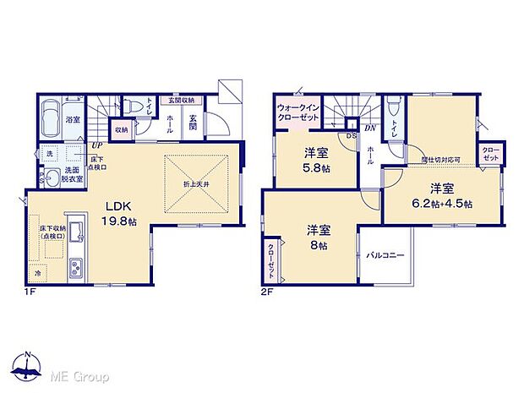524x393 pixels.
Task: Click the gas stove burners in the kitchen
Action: (74, 267)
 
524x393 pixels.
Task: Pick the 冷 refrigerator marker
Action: (37, 275)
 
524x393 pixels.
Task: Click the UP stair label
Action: (96, 145)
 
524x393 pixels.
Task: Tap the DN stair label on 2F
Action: (369, 128)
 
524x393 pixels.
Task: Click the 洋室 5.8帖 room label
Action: (317, 161)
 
